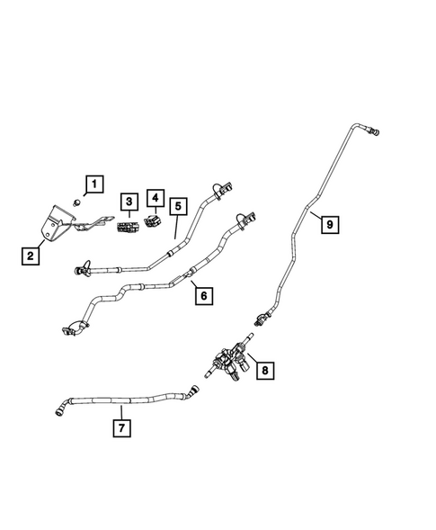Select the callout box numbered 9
point(329,225)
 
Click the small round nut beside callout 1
point(77,202)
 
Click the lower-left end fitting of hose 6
point(70,328)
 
